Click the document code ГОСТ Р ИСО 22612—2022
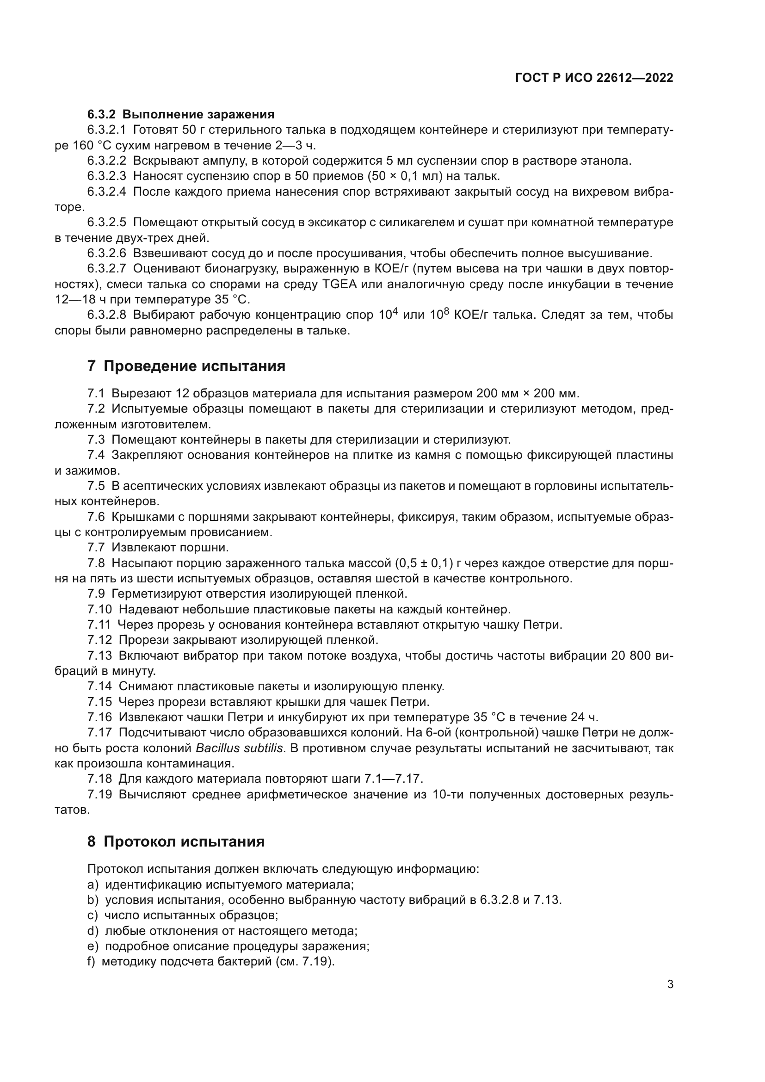[594, 78]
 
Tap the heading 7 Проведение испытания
[186, 366]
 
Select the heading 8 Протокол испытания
[176, 841]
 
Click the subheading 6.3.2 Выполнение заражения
[180, 114]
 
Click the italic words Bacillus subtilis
[239, 748]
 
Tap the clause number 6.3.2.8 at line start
[106, 315]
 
